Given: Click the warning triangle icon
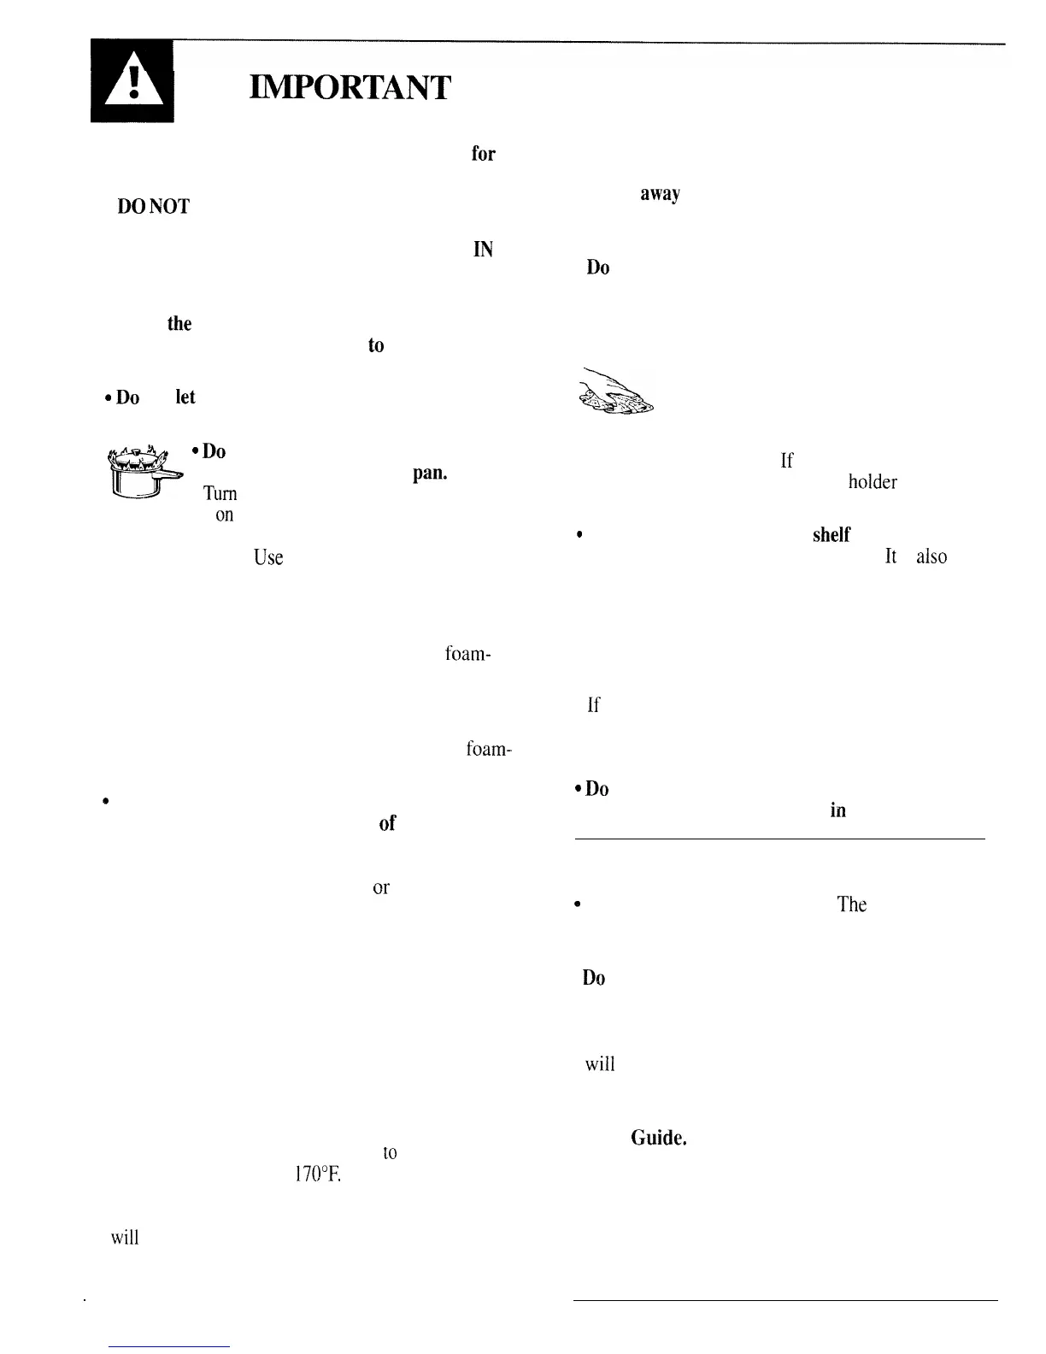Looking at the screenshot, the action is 132,82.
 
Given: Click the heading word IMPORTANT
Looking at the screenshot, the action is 350,87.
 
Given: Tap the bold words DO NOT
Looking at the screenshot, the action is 154,206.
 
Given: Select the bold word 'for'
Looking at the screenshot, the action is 483,154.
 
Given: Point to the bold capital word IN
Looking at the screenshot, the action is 483,250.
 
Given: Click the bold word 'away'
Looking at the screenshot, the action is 660,194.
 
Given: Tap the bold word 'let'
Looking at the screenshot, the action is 185,397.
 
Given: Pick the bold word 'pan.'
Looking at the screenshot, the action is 430,473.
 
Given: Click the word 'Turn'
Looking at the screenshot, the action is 220,493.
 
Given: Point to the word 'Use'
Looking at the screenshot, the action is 268,558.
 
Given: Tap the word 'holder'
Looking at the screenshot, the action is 872,482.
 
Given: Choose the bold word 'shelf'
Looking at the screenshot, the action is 831,535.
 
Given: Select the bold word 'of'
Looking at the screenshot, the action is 387,823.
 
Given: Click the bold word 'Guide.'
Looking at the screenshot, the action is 659,1138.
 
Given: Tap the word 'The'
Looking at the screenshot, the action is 852,904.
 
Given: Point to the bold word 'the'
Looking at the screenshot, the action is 179,324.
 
